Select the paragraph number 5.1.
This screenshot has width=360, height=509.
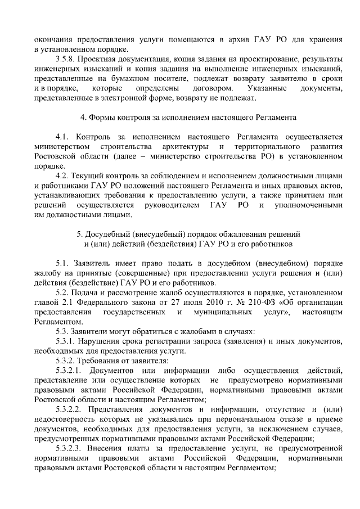tap(62, 263)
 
